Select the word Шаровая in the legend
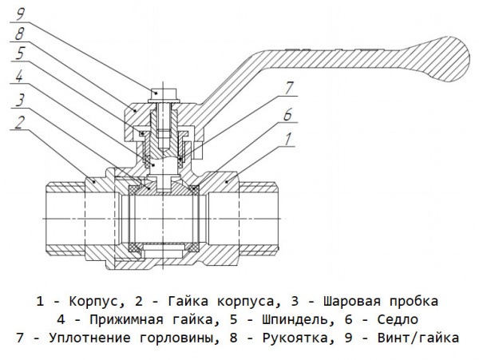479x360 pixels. (351, 302)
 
